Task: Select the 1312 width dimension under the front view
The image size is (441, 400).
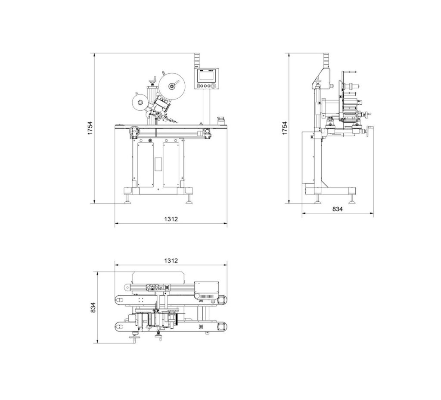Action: click(171, 219)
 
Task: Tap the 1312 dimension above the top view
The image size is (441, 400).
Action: click(171, 261)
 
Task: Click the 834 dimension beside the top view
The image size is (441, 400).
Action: click(93, 307)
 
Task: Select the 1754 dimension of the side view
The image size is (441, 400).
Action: click(285, 128)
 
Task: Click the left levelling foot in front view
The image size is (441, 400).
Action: click(129, 198)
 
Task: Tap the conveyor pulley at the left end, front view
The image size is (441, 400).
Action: click(134, 130)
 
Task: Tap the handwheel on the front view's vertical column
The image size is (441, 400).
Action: click(152, 81)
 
